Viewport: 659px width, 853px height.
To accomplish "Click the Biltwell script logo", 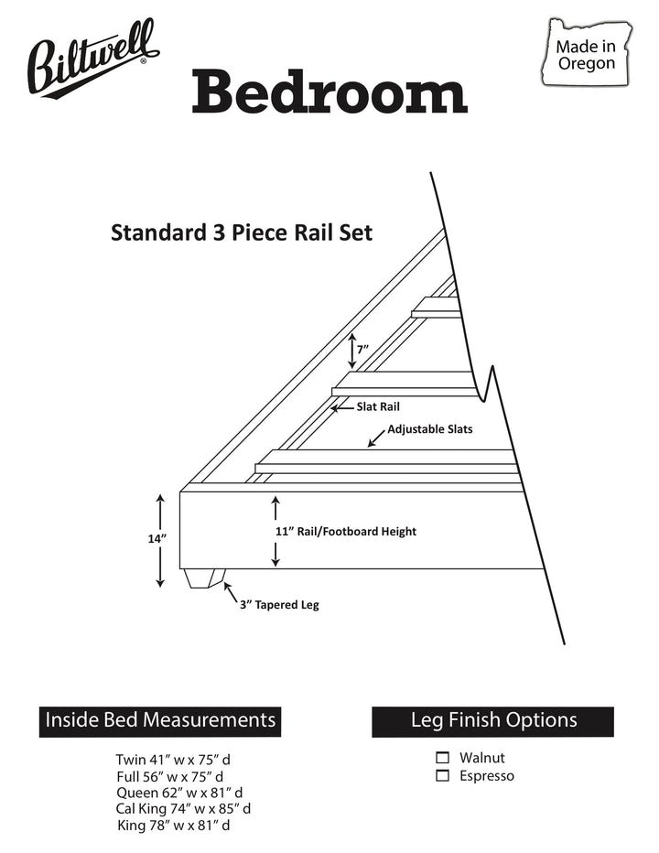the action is (92, 59).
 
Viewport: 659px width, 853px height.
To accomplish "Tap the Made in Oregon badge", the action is (587, 52).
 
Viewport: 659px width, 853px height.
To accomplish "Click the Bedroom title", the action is (329, 92).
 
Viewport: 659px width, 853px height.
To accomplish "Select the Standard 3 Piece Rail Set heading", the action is (242, 232).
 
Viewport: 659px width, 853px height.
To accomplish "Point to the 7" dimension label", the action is (363, 349).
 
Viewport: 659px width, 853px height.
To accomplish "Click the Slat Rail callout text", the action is (378, 406).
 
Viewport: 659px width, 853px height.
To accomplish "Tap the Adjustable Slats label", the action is (430, 429).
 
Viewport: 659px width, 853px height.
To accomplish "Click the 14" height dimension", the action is (157, 538).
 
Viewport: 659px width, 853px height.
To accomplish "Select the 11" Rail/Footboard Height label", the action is (346, 532).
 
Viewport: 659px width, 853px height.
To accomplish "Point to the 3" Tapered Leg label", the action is (279, 605).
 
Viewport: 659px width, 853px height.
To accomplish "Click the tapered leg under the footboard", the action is (205, 578).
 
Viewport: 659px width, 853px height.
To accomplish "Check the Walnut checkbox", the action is (443, 758).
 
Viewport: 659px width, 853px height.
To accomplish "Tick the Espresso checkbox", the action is (443, 776).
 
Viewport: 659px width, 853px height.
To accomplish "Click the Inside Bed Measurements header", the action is (160, 720).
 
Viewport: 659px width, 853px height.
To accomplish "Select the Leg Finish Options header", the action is (493, 720).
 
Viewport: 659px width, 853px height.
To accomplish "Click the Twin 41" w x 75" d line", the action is (173, 760).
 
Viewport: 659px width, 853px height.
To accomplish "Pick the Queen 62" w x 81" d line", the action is (179, 793).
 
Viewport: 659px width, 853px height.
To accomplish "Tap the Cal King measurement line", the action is (183, 809).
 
